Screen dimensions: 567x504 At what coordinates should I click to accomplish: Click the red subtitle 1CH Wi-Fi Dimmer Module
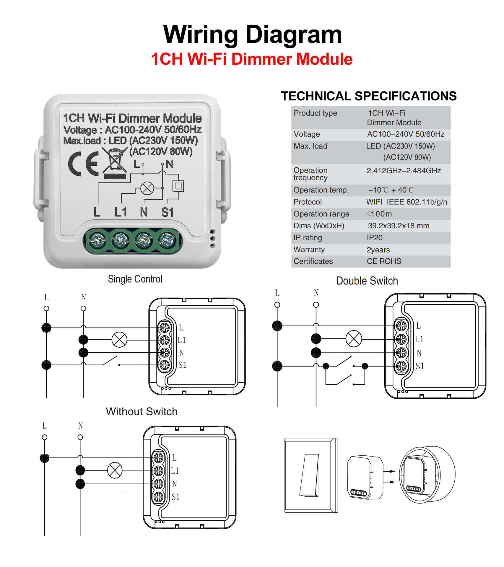click(251, 59)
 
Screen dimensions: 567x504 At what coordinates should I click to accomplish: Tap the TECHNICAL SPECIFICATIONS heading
click(368, 96)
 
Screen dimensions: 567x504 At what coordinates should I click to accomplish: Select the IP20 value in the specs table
click(374, 238)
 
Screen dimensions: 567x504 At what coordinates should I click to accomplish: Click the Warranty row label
click(309, 250)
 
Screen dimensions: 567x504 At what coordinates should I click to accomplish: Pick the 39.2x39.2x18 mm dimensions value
click(398, 226)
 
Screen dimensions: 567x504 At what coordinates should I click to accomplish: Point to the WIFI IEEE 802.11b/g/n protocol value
click(406, 202)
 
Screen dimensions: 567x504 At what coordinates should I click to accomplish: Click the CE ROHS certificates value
click(384, 261)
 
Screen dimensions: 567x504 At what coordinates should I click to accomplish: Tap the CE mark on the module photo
click(83, 164)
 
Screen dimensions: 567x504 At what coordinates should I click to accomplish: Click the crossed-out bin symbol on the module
click(115, 161)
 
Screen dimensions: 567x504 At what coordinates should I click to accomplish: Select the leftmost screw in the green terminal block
click(97, 240)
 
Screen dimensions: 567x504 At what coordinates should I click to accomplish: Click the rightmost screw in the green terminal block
click(167, 240)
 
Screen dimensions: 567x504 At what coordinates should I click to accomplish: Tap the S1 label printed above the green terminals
click(167, 212)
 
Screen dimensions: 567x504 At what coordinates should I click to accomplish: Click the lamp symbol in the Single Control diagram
click(119, 340)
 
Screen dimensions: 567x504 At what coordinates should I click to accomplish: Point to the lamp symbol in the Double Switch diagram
click(354, 338)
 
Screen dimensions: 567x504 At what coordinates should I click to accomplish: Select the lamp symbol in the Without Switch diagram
click(115, 470)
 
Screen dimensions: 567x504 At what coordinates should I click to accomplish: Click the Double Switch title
click(367, 281)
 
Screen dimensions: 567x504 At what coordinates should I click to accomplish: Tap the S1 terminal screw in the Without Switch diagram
click(158, 497)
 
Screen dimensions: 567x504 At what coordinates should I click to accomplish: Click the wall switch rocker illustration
click(309, 475)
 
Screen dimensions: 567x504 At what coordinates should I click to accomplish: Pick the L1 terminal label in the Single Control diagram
click(182, 340)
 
